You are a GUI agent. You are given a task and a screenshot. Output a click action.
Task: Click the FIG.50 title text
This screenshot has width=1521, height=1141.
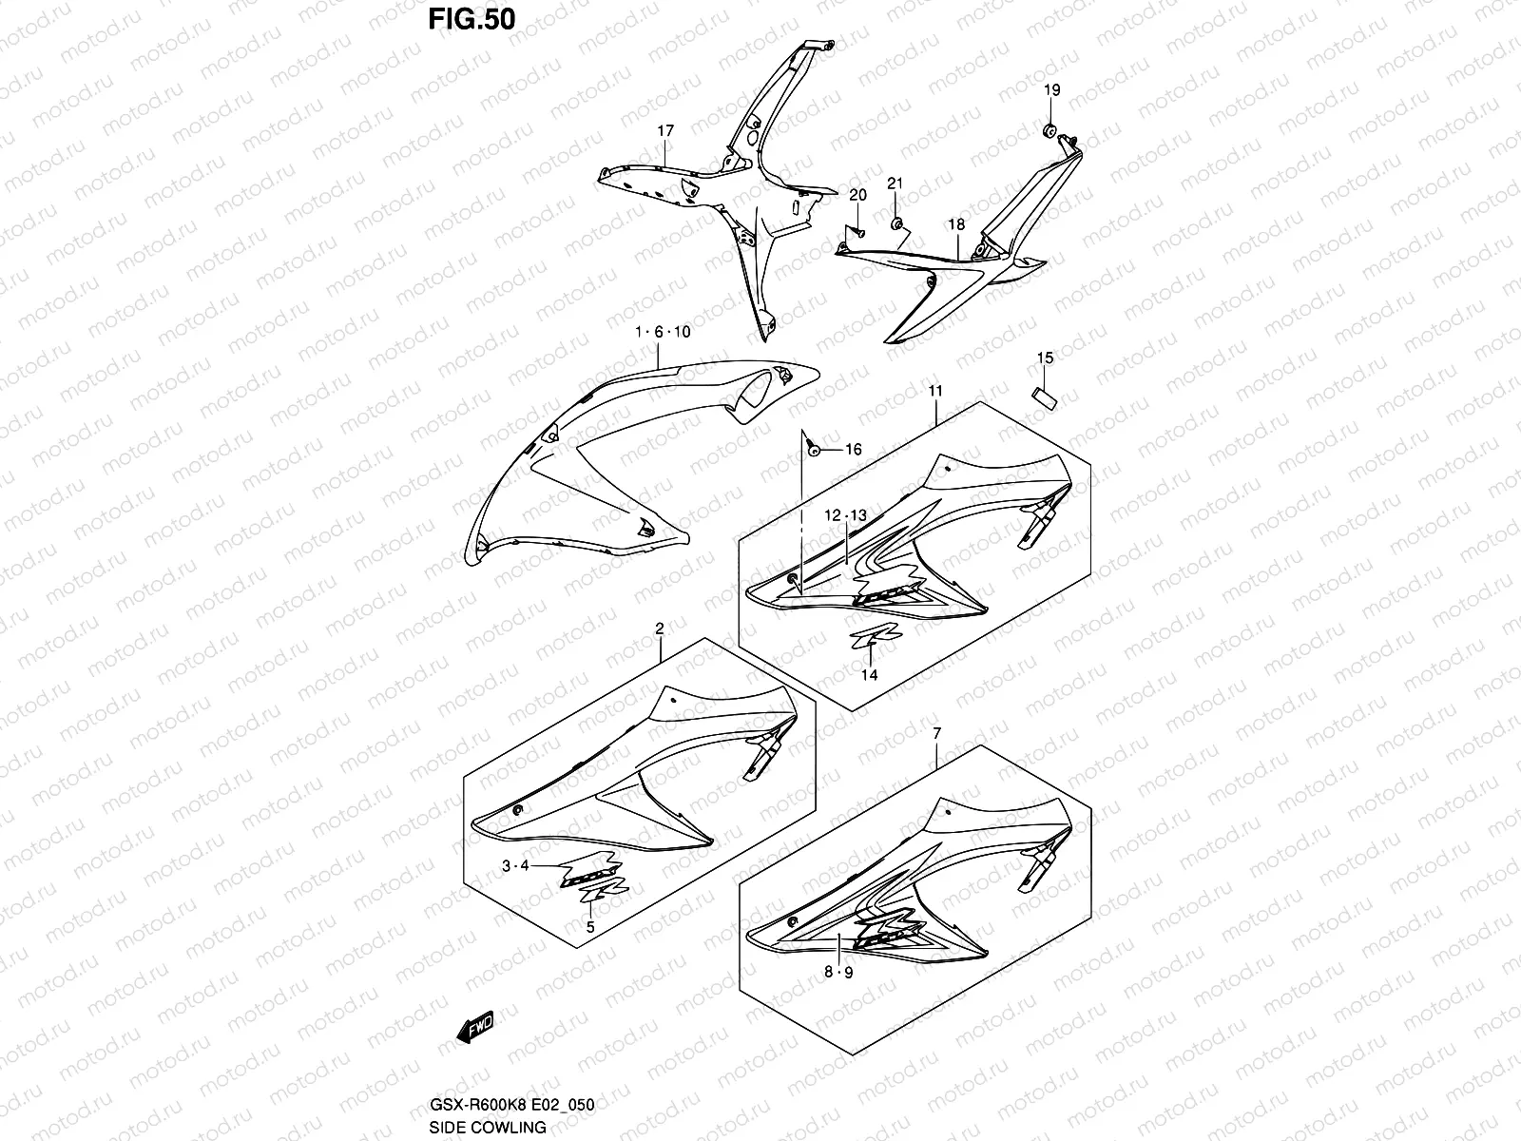pyautogui.click(x=472, y=19)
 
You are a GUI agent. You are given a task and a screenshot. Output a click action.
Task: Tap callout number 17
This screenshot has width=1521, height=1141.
pyautogui.click(x=665, y=131)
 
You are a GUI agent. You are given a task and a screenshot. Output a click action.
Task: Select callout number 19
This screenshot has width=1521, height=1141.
pyautogui.click(x=1052, y=90)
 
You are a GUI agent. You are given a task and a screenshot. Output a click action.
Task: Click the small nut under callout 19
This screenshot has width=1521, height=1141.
pyautogui.click(x=1049, y=129)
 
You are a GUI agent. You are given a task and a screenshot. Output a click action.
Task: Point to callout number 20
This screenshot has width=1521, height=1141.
pyautogui.click(x=857, y=195)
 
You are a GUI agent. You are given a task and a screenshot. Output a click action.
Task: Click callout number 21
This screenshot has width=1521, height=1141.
pyautogui.click(x=895, y=184)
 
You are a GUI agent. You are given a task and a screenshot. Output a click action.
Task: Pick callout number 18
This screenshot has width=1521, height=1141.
pyautogui.click(x=956, y=224)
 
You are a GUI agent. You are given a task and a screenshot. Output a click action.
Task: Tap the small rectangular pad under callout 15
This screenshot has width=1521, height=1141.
pyautogui.click(x=1044, y=398)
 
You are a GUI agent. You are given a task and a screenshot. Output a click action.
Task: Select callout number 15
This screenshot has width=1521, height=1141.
pyautogui.click(x=1045, y=358)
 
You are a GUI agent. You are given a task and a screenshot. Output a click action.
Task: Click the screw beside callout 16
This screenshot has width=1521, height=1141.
pyautogui.click(x=814, y=451)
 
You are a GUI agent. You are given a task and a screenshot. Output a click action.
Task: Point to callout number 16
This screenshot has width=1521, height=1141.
pyautogui.click(x=853, y=450)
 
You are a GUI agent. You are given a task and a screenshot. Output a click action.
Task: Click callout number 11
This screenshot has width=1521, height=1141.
pyautogui.click(x=935, y=392)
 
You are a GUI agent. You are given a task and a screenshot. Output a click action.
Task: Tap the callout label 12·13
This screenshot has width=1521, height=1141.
pyautogui.click(x=845, y=515)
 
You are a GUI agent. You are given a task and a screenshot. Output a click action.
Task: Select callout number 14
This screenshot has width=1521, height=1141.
pyautogui.click(x=869, y=675)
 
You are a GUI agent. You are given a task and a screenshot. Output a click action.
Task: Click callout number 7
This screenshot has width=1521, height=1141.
pyautogui.click(x=937, y=733)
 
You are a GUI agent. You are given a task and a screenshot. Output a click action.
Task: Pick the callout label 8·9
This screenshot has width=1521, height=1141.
pyautogui.click(x=838, y=972)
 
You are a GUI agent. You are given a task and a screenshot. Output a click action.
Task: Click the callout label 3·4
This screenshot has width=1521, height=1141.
pyautogui.click(x=515, y=865)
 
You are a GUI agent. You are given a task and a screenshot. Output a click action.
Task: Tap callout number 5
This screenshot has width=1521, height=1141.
pyautogui.click(x=590, y=927)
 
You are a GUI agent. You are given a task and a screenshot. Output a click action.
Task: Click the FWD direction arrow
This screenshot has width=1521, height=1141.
pyautogui.click(x=475, y=1027)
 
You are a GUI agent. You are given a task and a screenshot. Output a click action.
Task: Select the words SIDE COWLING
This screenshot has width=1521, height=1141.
pyautogui.click(x=488, y=1128)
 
